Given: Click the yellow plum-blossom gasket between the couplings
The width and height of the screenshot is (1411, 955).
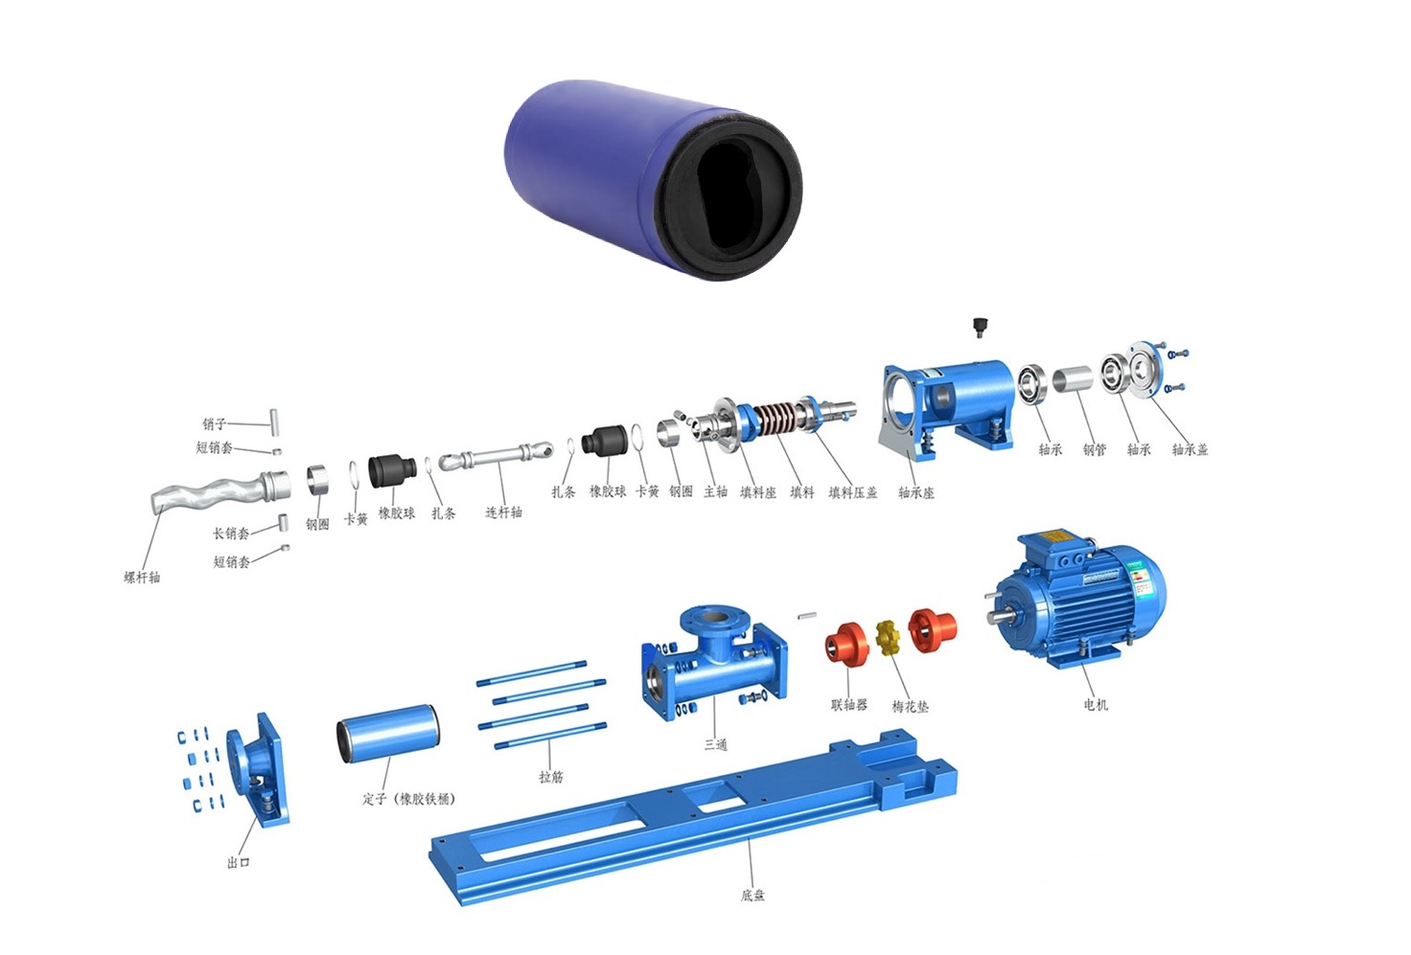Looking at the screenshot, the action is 889,638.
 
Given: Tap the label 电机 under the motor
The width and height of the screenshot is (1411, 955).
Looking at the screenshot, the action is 1095,704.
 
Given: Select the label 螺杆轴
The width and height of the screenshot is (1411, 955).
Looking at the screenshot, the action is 142,577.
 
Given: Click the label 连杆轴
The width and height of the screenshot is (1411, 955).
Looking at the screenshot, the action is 503,512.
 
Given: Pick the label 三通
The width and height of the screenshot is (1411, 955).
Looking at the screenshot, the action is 716,744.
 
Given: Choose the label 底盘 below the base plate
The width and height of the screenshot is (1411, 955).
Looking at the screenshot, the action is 752,895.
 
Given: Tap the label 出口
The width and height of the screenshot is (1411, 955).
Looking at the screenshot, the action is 238,862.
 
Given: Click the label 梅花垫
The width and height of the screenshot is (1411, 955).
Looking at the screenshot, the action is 910,706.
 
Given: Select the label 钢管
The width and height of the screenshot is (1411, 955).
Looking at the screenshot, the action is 1094,449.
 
